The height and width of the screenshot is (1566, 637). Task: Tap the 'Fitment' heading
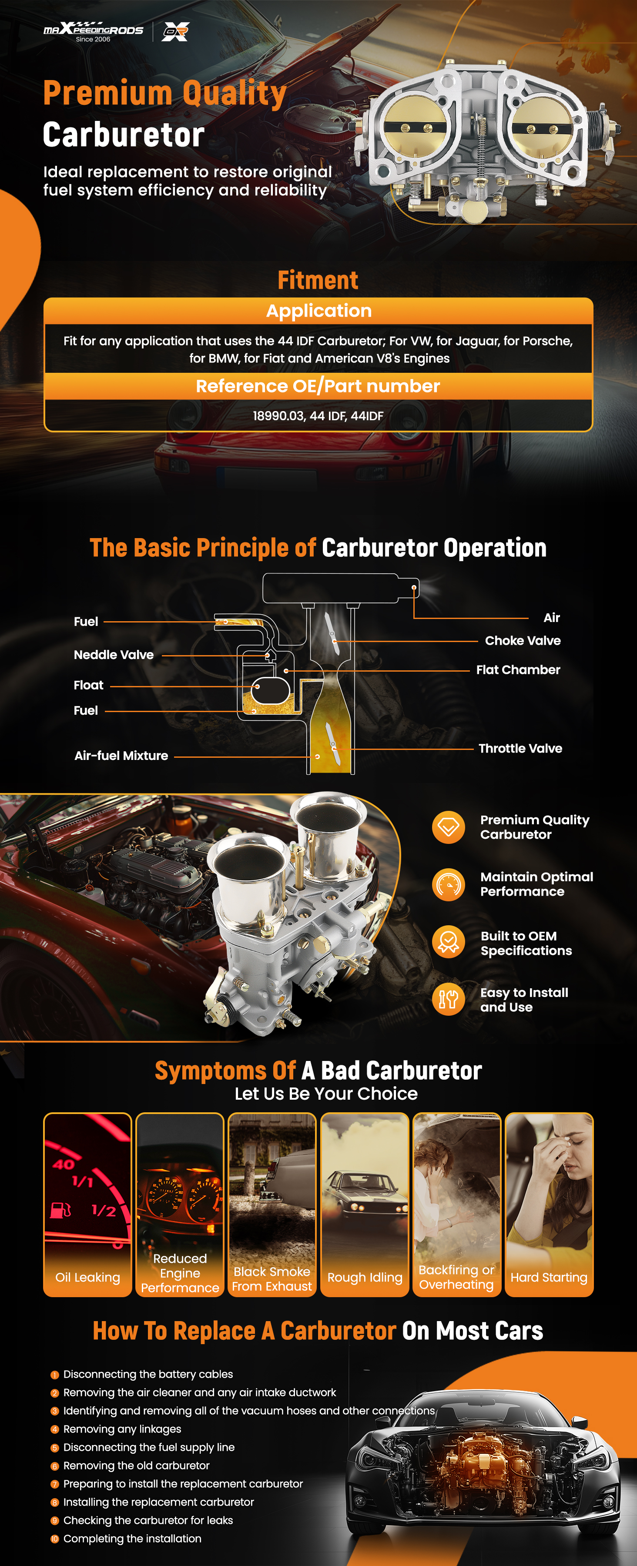coord(318,280)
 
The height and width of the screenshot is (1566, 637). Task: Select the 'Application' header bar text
coord(318,311)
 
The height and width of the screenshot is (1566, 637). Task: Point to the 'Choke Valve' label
coord(523,641)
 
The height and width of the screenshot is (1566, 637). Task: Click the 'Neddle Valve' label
coord(114,655)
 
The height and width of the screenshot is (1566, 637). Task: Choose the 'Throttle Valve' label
coord(520,748)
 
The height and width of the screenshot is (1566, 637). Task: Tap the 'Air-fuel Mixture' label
coord(121,756)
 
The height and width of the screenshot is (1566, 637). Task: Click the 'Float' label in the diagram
coord(89,685)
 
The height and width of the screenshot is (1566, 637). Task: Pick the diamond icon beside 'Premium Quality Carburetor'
coord(449,827)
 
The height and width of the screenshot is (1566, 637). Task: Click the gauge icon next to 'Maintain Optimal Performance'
coord(449,884)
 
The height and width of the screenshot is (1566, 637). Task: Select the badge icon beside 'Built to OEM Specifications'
coord(449,942)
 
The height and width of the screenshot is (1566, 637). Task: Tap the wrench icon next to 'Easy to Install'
coord(449,999)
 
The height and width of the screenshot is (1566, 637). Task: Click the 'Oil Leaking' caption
coord(87,1277)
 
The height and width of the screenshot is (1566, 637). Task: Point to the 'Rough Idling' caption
coord(365,1277)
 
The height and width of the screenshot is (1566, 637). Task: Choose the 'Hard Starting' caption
coord(549,1277)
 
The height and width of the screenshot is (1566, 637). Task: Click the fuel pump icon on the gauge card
coord(60,1210)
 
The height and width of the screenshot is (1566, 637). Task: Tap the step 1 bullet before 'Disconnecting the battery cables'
coord(55,1375)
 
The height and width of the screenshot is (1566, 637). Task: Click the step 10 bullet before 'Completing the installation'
coord(55,1539)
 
